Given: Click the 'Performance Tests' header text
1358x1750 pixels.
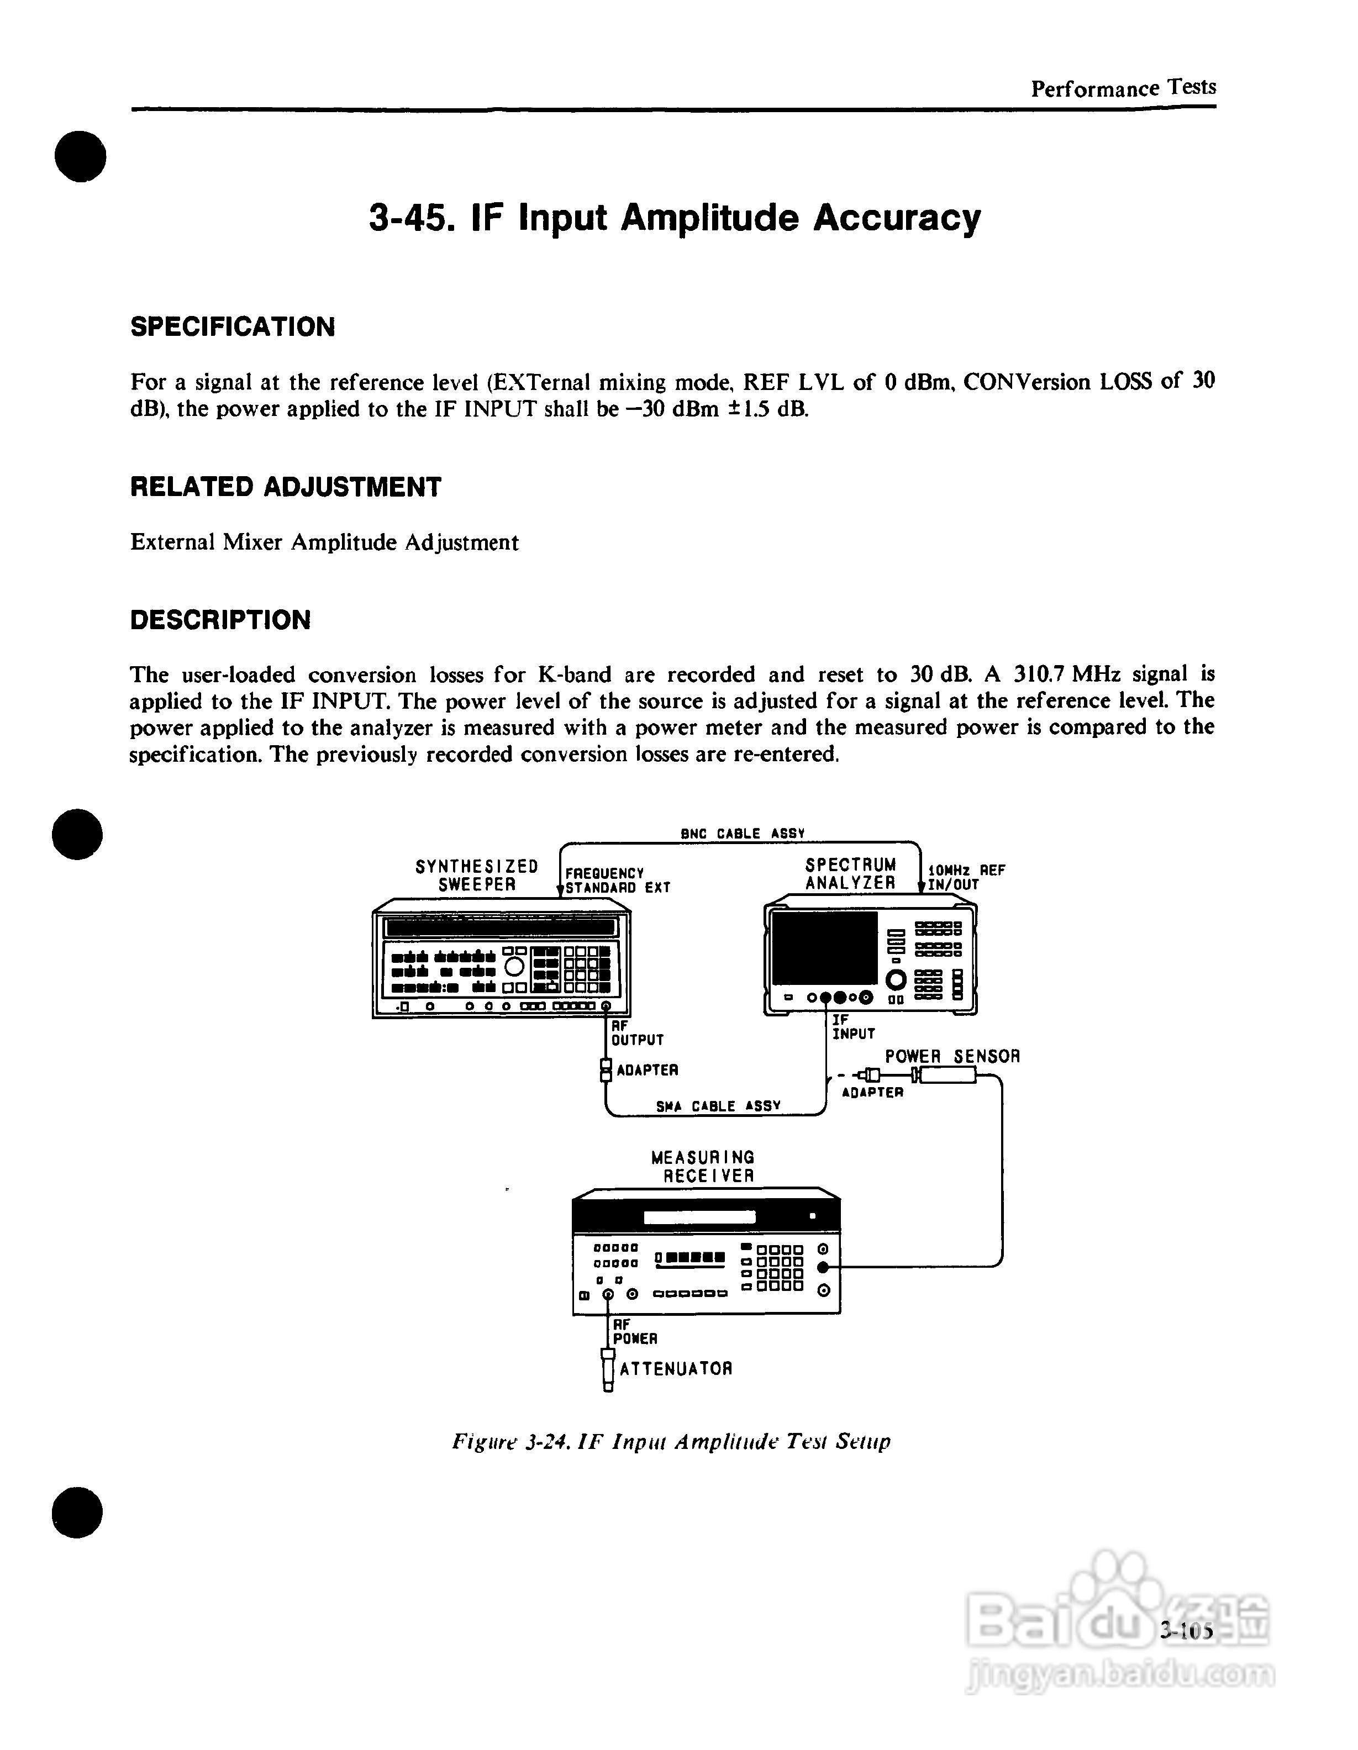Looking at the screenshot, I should coord(1123,88).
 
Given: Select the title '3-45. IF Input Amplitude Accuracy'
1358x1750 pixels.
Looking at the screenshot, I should coord(675,218).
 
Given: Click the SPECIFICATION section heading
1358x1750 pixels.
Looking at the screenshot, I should coord(233,327).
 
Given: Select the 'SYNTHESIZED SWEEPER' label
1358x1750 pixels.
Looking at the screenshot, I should coord(477,875).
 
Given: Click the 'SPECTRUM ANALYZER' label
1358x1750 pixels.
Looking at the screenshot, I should coord(850,873).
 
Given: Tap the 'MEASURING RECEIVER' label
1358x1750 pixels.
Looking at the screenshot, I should coord(703,1167).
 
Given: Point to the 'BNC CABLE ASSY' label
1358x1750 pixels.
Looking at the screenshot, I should coord(742,834).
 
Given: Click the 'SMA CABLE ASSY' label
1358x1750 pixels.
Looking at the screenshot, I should coord(718,1106).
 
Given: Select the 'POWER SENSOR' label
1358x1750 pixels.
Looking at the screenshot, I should coord(952,1056).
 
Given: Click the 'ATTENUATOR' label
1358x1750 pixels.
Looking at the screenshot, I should coord(675,1369).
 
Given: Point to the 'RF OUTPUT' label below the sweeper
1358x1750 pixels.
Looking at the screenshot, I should coord(637,1033).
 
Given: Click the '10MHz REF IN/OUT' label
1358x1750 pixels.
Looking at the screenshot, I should coord(965,877).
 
